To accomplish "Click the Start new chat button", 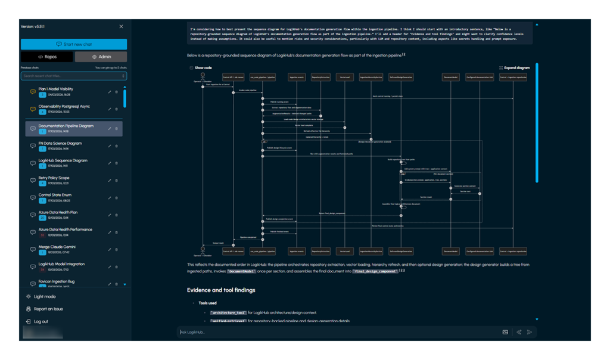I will (x=74, y=44).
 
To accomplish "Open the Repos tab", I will (x=47, y=57).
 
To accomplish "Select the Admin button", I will (x=101, y=57).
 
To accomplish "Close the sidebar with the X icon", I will (x=121, y=27).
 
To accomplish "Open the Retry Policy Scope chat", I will (x=54, y=178).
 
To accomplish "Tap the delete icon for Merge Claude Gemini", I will (x=117, y=250).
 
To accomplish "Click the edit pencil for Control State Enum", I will (x=110, y=198).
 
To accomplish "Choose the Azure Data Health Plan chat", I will (x=58, y=212).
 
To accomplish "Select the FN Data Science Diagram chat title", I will (x=60, y=143).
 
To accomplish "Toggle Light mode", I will (x=45, y=296).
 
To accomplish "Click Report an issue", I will (x=48, y=309).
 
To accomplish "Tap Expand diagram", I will (x=515, y=68).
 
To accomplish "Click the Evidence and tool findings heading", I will (x=221, y=290).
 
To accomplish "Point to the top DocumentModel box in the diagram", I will (x=451, y=77).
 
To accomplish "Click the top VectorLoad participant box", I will (x=344, y=77).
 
